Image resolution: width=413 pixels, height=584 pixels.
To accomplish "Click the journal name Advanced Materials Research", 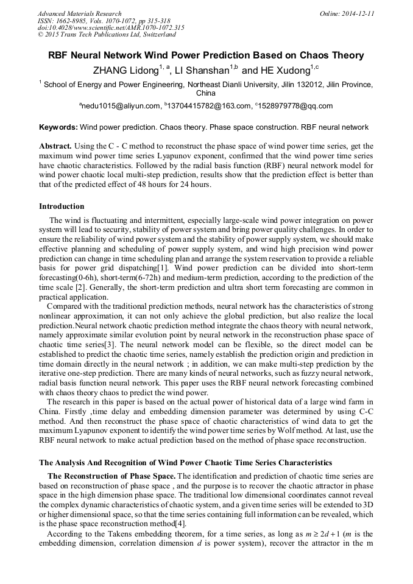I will [x=79, y=13].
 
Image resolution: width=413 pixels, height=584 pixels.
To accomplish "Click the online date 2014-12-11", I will [x=358, y=13].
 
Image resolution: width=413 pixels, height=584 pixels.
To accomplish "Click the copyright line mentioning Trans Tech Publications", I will [x=107, y=35].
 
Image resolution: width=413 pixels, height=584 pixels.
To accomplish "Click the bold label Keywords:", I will [x=58, y=127].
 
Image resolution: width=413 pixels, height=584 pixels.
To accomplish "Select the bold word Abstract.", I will [x=56, y=146].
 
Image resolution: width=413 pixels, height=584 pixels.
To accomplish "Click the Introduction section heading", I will [x=62, y=206].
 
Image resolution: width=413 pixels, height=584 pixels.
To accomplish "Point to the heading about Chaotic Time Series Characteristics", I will [x=185, y=463].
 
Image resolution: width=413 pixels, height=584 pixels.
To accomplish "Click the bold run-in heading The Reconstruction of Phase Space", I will [x=111, y=476].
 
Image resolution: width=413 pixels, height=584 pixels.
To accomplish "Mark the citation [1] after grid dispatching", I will [x=163, y=267].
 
